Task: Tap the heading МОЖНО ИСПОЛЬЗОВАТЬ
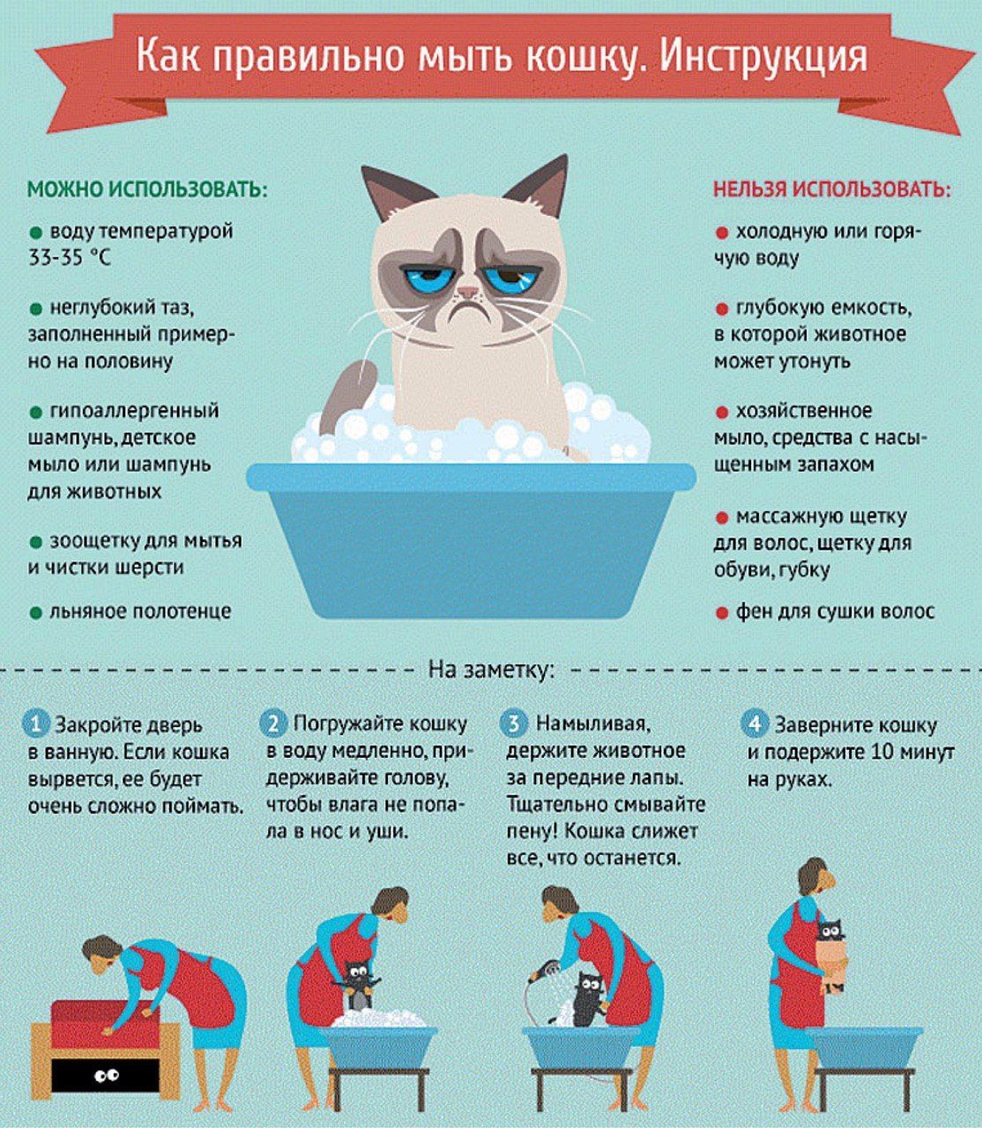148,189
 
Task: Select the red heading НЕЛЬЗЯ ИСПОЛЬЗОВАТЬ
832,189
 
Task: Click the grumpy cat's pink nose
468,291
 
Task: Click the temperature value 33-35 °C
70,257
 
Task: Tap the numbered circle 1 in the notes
36,724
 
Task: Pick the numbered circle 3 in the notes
513,724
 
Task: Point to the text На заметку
491,671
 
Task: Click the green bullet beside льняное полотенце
36,612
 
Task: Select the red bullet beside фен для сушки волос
722,613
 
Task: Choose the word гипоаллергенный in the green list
135,411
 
